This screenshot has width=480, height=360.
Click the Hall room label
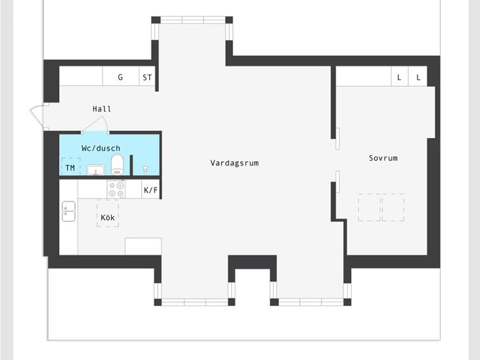[102, 109]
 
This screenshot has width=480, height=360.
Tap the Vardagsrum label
[235, 163]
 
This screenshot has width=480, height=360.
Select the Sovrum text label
[383, 158]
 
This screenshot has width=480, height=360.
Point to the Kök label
[107, 217]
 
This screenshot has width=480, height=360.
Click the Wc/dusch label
[101, 148]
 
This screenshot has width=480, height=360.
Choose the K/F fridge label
[151, 191]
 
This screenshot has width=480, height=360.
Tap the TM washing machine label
[70, 168]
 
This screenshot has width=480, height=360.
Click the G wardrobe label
[120, 77]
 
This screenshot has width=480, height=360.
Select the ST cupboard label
[147, 78]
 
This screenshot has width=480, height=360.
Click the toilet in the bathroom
[117, 164]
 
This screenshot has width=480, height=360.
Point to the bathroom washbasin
[96, 169]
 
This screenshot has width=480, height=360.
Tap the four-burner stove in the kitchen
[116, 189]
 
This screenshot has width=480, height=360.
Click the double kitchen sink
[68, 211]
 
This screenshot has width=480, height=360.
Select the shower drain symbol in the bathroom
[145, 169]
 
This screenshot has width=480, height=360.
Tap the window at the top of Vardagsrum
[193, 20]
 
